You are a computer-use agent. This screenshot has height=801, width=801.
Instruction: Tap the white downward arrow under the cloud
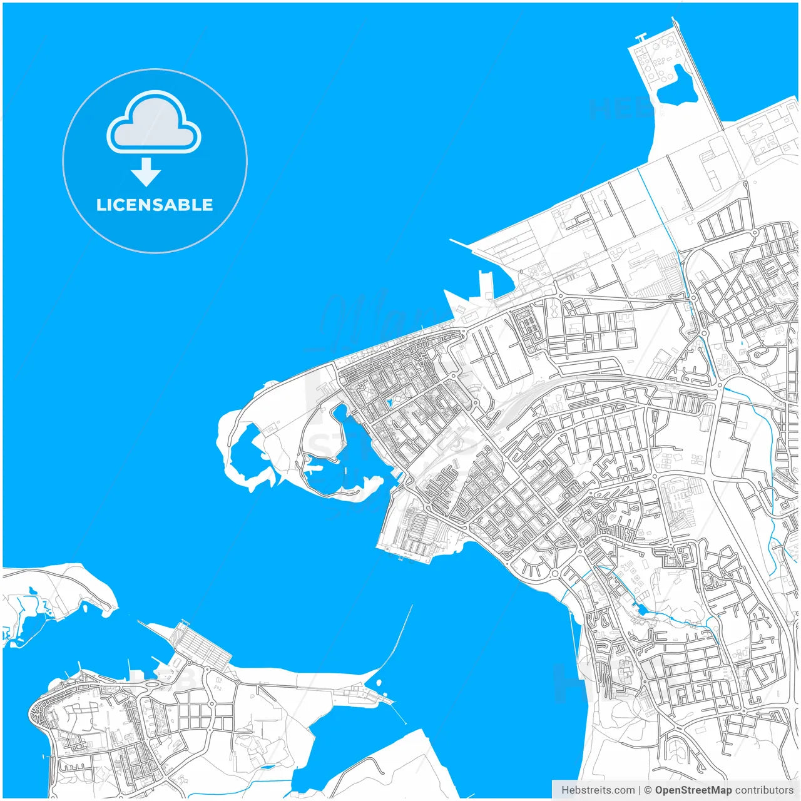[x=146, y=172]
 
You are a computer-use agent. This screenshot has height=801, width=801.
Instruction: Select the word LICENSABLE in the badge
[x=155, y=205]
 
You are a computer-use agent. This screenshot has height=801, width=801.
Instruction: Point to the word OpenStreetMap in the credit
[x=693, y=790]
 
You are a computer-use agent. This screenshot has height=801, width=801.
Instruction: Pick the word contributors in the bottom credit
[x=763, y=790]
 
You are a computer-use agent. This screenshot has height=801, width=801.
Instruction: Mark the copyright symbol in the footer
[x=648, y=790]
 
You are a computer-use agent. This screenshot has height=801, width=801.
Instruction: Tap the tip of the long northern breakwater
[x=675, y=19]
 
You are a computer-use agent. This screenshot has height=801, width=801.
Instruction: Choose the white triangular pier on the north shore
[x=456, y=304]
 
